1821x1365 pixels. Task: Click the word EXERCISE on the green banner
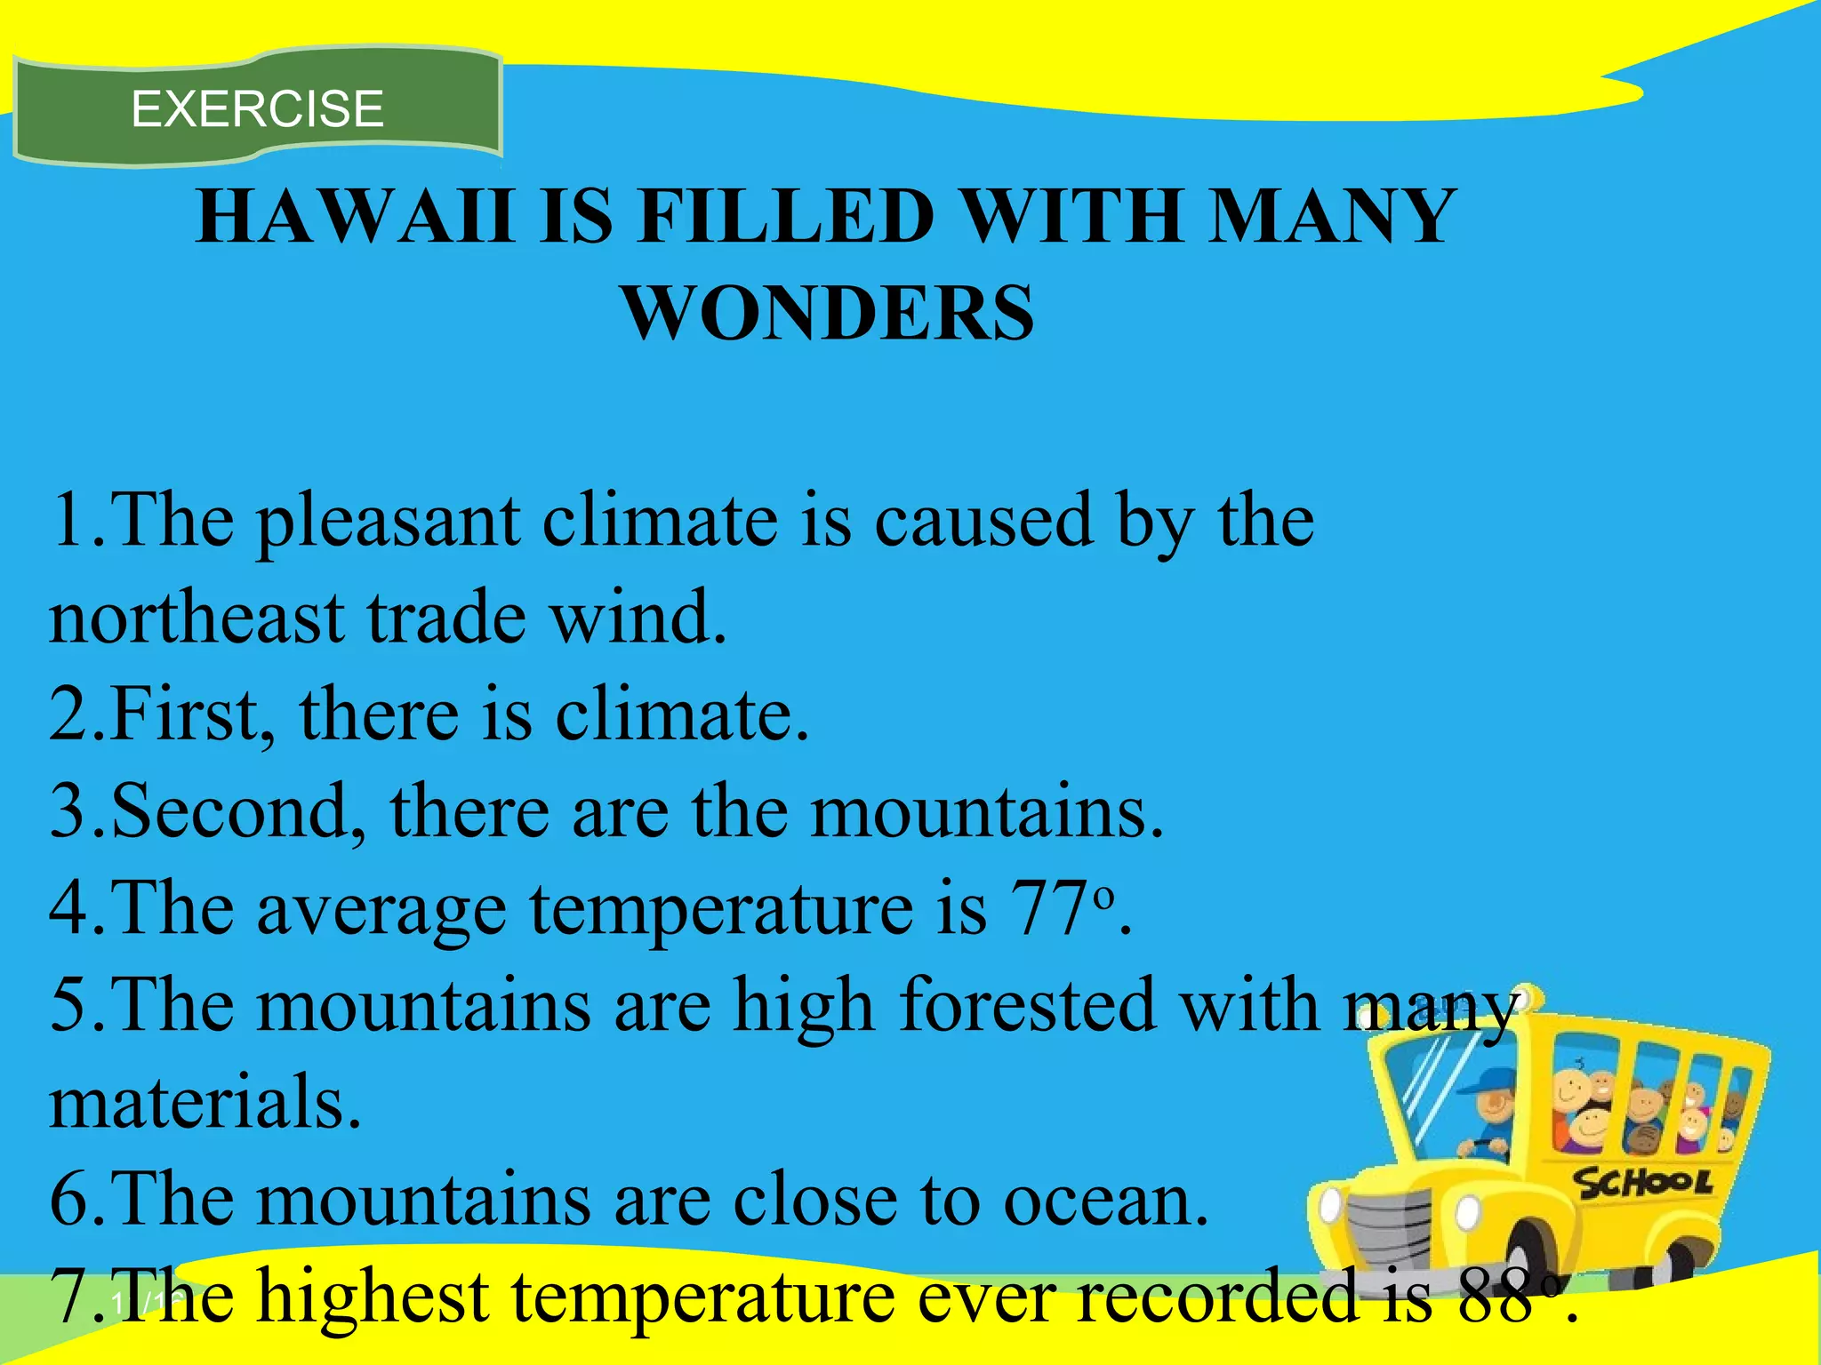(x=257, y=109)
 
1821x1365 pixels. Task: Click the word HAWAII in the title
(x=355, y=217)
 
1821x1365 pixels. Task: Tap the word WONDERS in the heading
(x=829, y=313)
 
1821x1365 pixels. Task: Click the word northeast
(x=197, y=619)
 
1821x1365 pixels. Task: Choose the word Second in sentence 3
(x=230, y=811)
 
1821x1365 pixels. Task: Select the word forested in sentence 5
(x=1027, y=1006)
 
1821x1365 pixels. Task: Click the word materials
(x=205, y=1103)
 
